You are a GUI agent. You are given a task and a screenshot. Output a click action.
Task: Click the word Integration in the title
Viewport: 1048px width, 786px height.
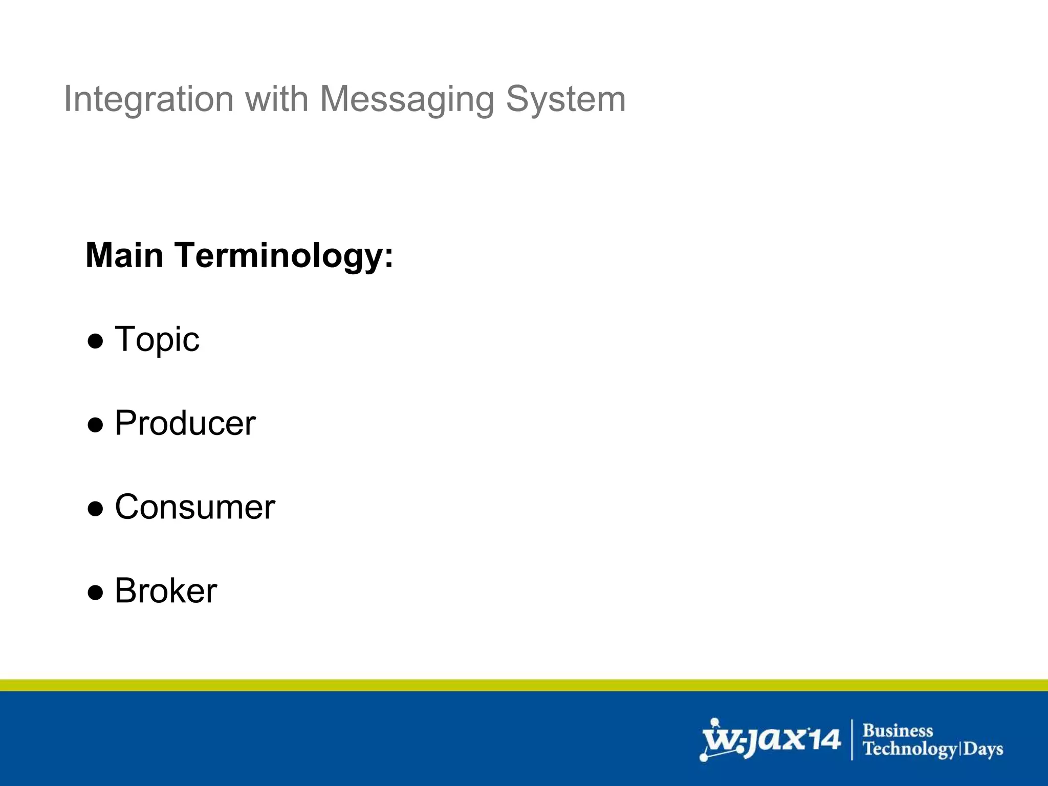click(148, 99)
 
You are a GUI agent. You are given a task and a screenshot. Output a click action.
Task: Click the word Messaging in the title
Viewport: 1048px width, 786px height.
click(407, 99)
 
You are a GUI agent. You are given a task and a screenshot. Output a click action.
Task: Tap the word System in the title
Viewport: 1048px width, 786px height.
click(565, 99)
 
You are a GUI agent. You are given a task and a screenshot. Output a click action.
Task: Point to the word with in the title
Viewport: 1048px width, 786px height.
click(276, 99)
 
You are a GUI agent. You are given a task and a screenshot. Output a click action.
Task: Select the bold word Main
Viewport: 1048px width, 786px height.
click(124, 255)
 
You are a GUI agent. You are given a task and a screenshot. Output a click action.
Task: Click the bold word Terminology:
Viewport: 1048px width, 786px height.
click(284, 256)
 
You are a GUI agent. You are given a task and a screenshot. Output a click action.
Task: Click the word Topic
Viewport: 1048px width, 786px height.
click(157, 340)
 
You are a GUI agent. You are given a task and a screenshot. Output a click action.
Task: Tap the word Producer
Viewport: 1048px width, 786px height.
click(185, 423)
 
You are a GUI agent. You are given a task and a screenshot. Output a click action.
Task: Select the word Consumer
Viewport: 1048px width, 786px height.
click(194, 507)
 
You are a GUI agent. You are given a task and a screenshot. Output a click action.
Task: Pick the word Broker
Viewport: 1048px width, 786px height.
click(166, 591)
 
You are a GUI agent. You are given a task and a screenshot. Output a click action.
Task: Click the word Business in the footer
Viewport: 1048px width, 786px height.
click(898, 730)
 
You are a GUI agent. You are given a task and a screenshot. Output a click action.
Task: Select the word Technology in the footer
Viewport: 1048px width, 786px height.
click(910, 749)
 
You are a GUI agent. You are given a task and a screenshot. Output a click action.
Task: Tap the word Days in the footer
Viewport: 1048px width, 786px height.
click(984, 749)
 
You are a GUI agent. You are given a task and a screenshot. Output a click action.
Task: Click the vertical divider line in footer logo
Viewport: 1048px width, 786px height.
click(852, 739)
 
